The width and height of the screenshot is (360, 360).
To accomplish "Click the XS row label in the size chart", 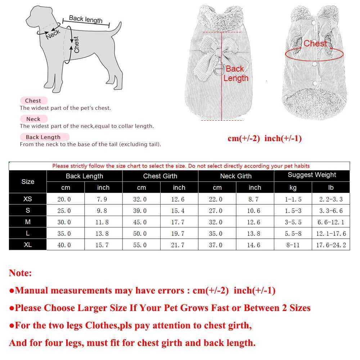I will coord(28,199).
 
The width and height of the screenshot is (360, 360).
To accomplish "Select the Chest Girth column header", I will coord(160,176).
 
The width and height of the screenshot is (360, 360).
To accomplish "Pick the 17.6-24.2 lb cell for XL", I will coord(331,245).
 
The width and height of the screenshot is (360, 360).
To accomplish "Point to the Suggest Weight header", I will coord(312,175).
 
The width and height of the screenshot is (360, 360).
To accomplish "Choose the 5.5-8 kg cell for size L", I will coord(293,234).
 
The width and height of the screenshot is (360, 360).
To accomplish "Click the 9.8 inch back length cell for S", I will coord(102,211).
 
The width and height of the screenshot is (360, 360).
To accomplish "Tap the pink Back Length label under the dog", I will coord(43,137).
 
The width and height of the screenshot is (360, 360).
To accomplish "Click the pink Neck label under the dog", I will coord(33,119).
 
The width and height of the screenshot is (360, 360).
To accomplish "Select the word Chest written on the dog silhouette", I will coord(76,45).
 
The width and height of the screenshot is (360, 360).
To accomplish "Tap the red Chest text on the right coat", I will coord(315,44).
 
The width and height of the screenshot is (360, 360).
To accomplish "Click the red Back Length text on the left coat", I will coord(235,73).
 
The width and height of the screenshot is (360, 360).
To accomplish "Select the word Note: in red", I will coord(21,273).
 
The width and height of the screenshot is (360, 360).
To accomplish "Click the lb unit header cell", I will coord(331,188).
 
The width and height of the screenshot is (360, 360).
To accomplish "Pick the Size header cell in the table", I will coord(28,181).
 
